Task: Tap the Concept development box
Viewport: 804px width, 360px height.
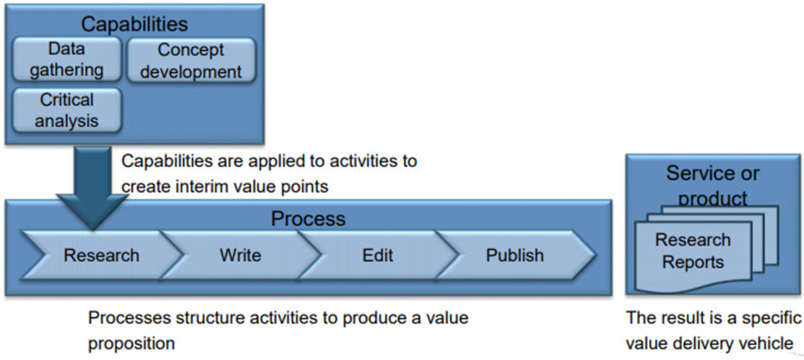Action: tap(191, 60)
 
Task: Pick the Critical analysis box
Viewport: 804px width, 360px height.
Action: tap(68, 109)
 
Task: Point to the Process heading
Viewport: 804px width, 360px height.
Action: tap(307, 219)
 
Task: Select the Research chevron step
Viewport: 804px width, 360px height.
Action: tap(101, 255)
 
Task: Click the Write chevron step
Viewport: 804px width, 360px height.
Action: tap(239, 255)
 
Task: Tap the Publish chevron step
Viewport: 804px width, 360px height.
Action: tap(515, 255)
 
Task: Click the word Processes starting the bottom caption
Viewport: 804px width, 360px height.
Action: tap(126, 318)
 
